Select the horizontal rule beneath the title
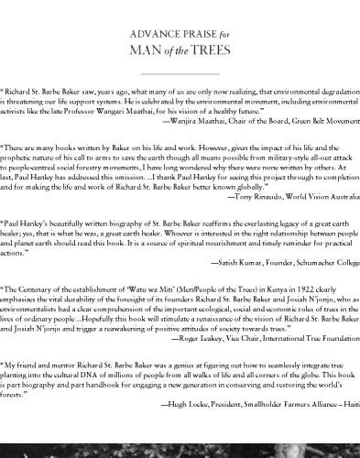click(180, 72)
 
